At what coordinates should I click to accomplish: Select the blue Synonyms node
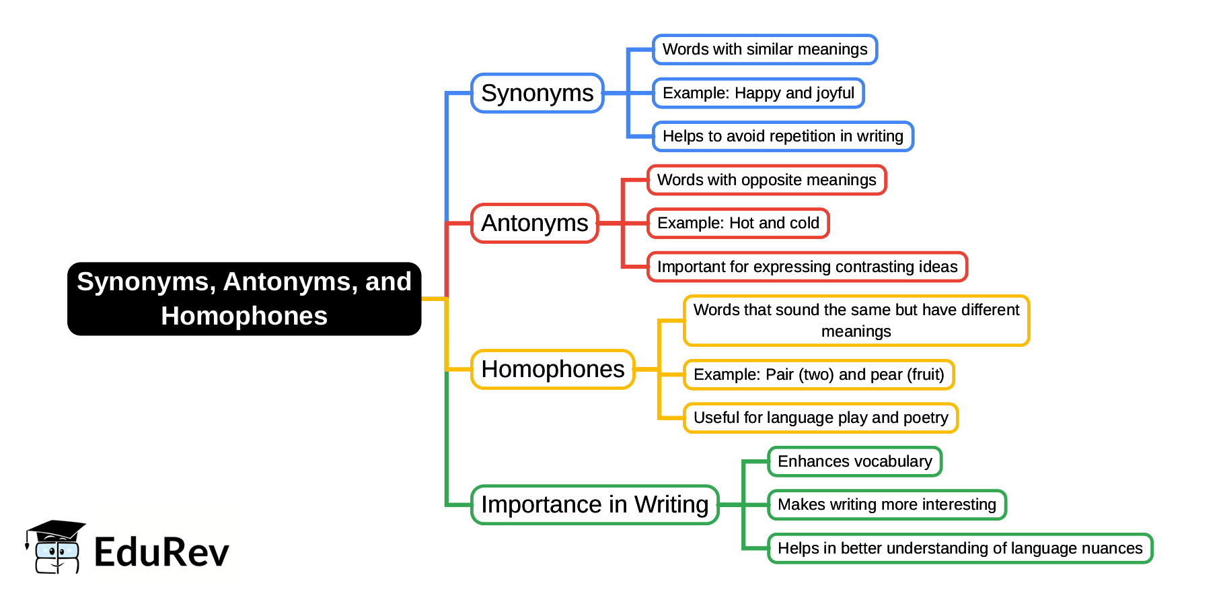(x=538, y=93)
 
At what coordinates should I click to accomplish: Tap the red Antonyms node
(x=535, y=223)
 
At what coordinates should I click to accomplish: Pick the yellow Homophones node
(x=553, y=369)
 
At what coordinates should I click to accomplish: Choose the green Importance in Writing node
(x=595, y=504)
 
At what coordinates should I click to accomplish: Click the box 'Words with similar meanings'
(x=765, y=49)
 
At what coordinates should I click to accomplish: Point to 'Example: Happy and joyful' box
(x=758, y=93)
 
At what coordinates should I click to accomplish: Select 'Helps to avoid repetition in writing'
(x=782, y=136)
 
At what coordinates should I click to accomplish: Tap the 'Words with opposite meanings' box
(x=766, y=180)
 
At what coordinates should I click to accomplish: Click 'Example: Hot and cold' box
(x=738, y=223)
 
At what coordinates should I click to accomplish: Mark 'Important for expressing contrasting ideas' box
(x=807, y=267)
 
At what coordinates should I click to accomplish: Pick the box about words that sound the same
(x=856, y=321)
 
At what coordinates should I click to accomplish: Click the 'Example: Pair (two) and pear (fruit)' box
(x=819, y=374)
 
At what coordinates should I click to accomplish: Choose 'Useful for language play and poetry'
(x=821, y=418)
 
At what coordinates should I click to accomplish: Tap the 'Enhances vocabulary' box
(x=854, y=461)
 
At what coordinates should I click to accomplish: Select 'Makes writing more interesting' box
(x=887, y=504)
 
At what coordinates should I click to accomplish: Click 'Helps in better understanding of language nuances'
(x=960, y=548)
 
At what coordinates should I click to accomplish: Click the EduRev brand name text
(x=161, y=552)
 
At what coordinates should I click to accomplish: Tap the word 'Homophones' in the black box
(x=244, y=316)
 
